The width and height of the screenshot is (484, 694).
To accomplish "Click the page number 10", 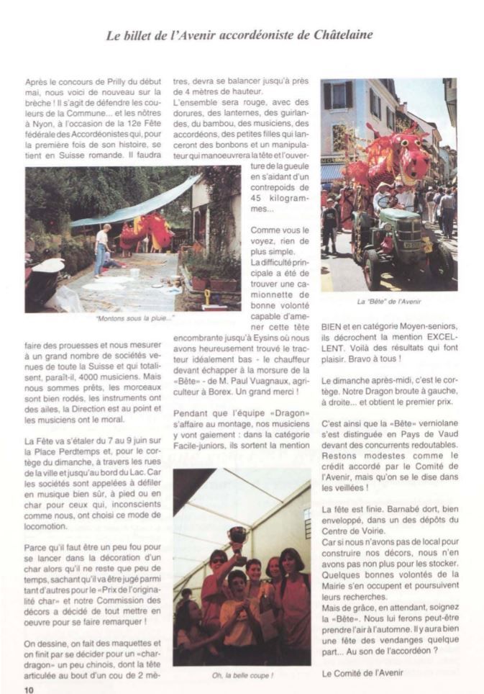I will (29, 688).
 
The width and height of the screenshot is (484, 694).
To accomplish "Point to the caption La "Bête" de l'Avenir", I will (388, 301).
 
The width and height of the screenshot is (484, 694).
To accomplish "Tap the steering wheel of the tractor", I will (388, 201).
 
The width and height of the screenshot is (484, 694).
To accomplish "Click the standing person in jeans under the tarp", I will (101, 248).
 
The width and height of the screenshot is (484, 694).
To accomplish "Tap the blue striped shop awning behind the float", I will (332, 172).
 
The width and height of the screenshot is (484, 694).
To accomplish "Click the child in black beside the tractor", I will (329, 224).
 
